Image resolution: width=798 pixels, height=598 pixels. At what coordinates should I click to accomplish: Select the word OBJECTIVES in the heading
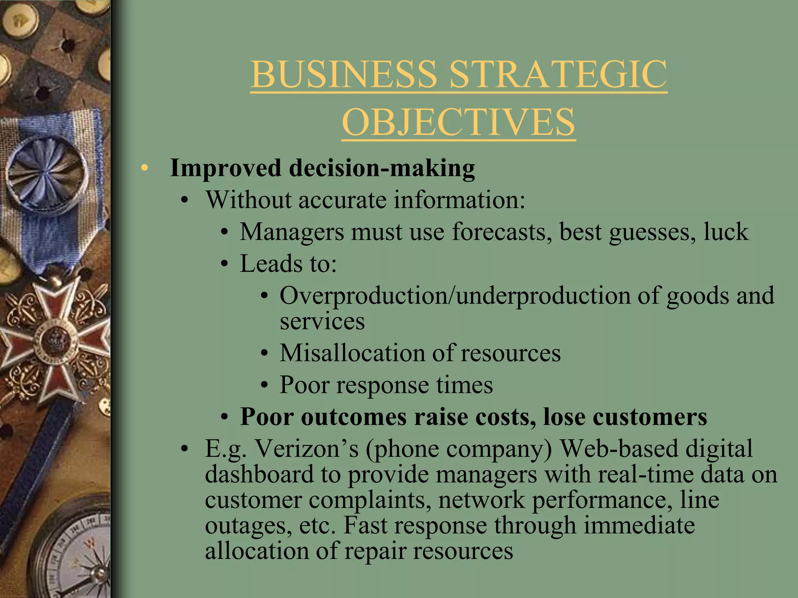(459, 122)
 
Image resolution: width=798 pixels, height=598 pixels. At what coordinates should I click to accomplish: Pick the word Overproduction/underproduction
(454, 295)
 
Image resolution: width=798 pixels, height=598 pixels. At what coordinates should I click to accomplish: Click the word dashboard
(260, 474)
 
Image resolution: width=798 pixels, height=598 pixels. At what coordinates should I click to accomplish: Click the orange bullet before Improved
(145, 168)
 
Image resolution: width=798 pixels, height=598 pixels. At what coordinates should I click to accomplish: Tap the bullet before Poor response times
(265, 385)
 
